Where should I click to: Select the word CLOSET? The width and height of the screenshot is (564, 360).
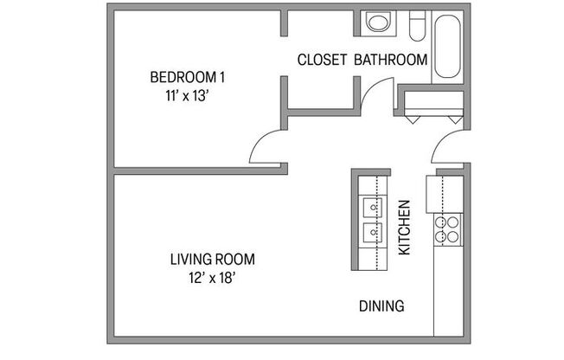322,60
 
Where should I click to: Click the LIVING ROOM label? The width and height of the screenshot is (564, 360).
212,259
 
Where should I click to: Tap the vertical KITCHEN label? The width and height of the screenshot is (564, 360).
403,228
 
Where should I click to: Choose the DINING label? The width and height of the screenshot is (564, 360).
381,305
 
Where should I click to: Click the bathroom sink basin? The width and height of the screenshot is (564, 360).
377,22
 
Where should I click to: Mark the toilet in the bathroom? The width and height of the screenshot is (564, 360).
416,23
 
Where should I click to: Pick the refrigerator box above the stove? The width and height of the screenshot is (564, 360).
433,192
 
